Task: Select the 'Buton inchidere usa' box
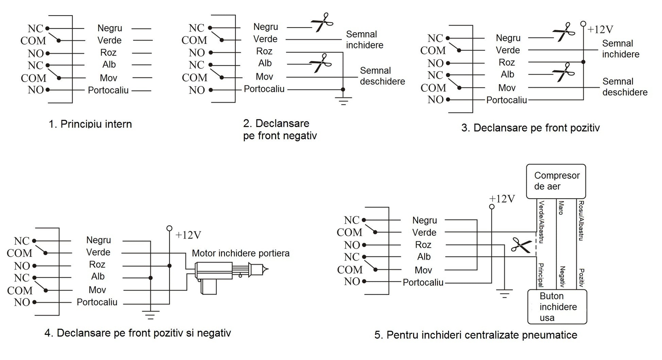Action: [x=557, y=307]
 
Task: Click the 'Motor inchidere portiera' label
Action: [x=241, y=253]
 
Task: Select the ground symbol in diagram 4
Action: [x=150, y=315]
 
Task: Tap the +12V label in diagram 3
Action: [x=600, y=30]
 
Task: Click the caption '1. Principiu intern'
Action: [x=90, y=124]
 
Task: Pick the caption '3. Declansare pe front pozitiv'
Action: [x=530, y=128]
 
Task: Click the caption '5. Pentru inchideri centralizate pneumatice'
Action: [x=476, y=335]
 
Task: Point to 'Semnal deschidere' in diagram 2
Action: [x=382, y=76]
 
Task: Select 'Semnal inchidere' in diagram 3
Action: [x=620, y=49]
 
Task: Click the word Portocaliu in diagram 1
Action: [x=108, y=90]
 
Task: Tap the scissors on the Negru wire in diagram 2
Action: [x=322, y=22]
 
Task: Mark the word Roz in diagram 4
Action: [x=97, y=264]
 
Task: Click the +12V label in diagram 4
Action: [x=188, y=235]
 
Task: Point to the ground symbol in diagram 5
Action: [x=504, y=294]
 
